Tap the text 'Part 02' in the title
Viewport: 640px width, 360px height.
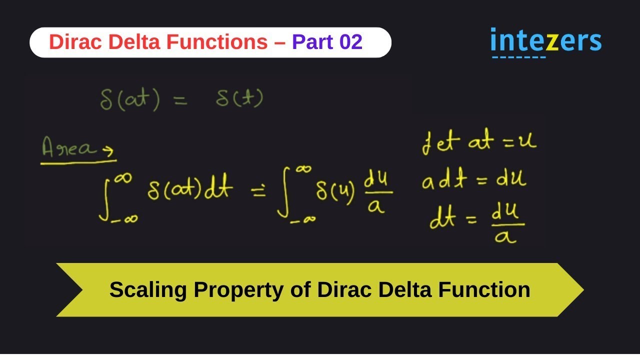[x=327, y=42]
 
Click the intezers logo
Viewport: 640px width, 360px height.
[x=545, y=41]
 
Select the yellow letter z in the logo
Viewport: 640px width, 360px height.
[x=551, y=42]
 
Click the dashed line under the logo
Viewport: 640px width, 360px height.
[x=518, y=57]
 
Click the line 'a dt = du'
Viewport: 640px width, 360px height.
[x=473, y=181]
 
